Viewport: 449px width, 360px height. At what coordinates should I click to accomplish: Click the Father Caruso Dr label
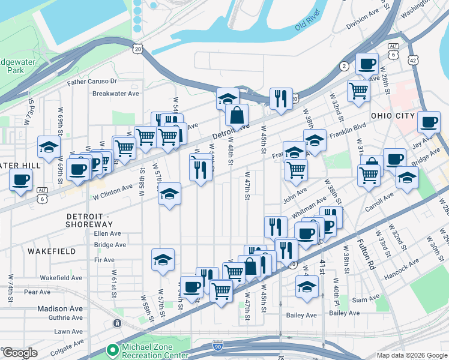(92, 81)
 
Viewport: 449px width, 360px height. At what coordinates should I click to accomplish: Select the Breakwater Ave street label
(115, 93)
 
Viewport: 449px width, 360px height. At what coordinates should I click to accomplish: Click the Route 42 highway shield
(412, 61)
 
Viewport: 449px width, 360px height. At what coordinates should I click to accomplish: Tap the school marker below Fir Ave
(163, 260)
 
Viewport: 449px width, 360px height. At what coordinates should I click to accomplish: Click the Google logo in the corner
(20, 353)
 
